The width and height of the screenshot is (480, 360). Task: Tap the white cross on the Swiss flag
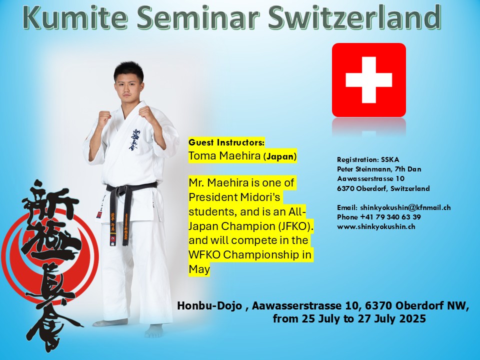[x=369, y=80]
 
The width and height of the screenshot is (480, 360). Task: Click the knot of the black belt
[x=125, y=191]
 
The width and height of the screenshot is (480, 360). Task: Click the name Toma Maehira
[x=224, y=156]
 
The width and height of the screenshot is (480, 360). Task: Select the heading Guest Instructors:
[x=226, y=142]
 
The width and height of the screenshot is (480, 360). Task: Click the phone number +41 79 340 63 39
[x=390, y=217]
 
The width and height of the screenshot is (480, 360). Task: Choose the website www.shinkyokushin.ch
[x=376, y=227]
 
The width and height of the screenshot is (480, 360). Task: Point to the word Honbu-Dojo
[x=209, y=305]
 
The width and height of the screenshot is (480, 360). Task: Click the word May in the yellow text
[x=199, y=269]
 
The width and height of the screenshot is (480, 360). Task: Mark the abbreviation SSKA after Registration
[x=390, y=159]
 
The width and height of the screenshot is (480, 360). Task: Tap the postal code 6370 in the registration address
[x=346, y=188]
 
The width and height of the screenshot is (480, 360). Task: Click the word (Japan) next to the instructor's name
[x=280, y=156]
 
